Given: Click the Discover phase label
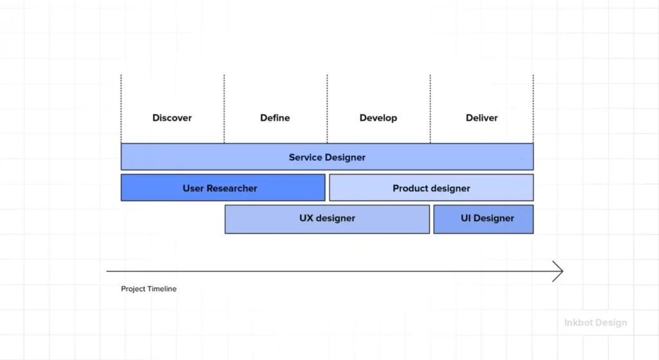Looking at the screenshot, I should pos(172,118).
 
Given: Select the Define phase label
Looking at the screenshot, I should pos(275,118).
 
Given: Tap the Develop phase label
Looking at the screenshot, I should pos(378,118).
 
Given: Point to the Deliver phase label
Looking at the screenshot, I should pos(481,118).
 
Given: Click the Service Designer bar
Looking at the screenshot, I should pos(327,157).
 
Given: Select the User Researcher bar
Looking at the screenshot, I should pos(223,188).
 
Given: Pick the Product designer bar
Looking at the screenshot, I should pos(431,188).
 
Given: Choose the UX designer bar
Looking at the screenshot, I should pos(327,218).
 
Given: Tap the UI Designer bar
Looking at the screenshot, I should pos(483,218).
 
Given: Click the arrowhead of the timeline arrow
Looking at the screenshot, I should pos(559,272).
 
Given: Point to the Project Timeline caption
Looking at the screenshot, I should pos(149,289).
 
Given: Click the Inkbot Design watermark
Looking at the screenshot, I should pos(595,323).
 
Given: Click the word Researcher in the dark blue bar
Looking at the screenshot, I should pos(232,188).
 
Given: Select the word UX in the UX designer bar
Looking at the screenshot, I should pos(306,218).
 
